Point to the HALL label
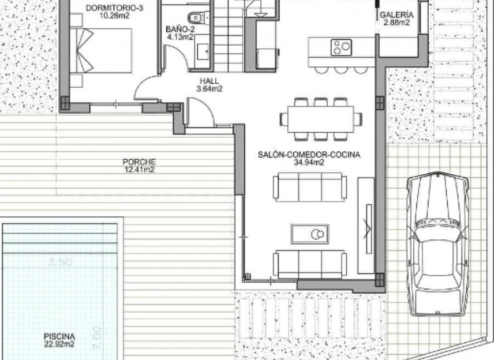[x=209, y=81]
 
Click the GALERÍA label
[x=396, y=15]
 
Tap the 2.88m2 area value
[x=396, y=23]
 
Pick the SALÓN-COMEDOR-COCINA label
[x=309, y=155]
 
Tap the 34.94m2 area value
[x=309, y=163]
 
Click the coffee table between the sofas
[x=310, y=233]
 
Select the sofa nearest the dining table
[x=310, y=187]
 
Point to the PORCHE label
[x=139, y=162]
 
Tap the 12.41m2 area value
[x=139, y=170]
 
